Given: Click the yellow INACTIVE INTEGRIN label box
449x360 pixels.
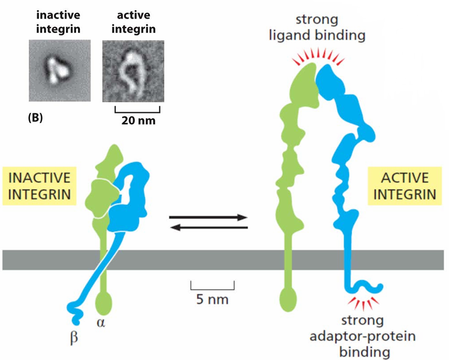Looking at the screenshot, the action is click(x=40, y=186).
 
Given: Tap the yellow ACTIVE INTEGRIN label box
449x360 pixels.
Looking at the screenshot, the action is click(x=405, y=186).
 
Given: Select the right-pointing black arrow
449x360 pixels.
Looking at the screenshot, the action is click(x=208, y=217).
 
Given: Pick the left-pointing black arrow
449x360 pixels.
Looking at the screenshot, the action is click(x=209, y=228).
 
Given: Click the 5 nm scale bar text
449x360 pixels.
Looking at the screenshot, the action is click(x=212, y=299).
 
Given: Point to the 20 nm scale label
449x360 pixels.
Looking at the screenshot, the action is click(x=138, y=121).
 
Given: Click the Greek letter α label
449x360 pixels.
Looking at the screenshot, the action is click(x=101, y=323).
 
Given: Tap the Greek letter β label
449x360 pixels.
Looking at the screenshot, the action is click(x=74, y=338).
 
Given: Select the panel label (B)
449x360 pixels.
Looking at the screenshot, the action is click(x=35, y=118).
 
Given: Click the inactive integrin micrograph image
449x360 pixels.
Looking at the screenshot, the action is click(x=59, y=71).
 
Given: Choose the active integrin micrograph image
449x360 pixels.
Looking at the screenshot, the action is click(x=133, y=71).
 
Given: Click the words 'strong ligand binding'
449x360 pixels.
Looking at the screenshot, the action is click(x=317, y=28).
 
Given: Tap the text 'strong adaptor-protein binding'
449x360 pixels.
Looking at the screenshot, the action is click(x=363, y=336).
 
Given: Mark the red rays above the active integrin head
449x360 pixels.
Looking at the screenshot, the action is click(x=318, y=56).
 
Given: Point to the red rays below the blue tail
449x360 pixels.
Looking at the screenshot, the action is click(x=364, y=303).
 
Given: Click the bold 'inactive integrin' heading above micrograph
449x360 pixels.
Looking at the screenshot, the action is click(x=58, y=22).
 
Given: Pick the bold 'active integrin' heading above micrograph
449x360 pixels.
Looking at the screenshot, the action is click(x=134, y=22).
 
